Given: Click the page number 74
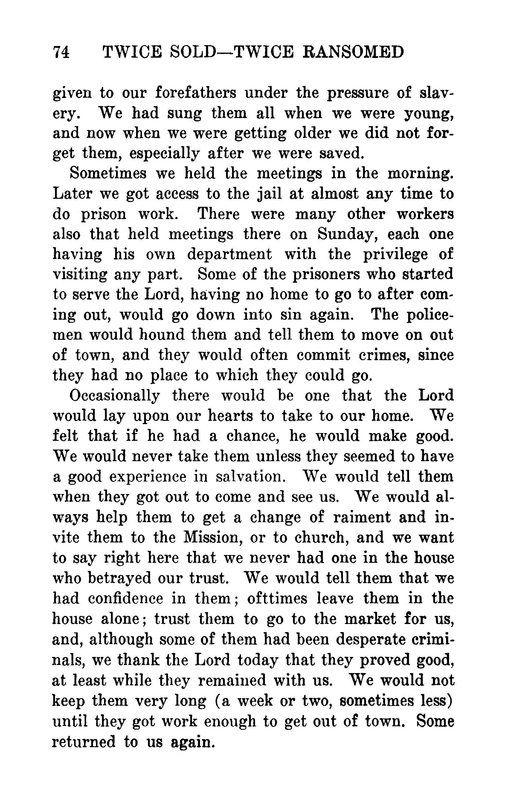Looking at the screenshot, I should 61,53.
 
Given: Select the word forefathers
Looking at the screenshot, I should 196,93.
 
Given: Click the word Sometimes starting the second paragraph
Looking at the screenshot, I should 108,174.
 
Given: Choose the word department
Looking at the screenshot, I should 230,255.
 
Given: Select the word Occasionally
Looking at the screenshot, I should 115,396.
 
